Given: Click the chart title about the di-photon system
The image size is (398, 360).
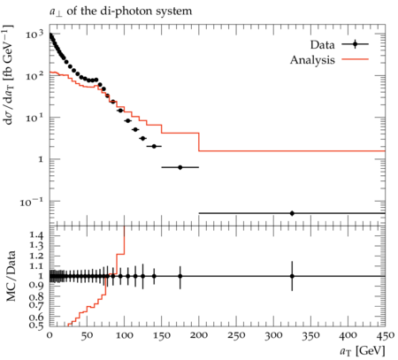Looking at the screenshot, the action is tap(120, 11).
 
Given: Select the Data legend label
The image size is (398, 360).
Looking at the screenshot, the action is tap(322, 45).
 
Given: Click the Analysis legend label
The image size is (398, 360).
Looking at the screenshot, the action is tap(312, 60).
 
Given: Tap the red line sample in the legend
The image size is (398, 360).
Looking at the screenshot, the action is tap(355, 59).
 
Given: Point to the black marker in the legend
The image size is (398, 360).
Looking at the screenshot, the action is tap(355, 44).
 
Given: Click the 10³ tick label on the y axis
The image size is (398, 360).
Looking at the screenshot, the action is tap(34, 34).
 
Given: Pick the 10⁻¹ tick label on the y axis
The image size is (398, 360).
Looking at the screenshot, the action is tap(32, 202).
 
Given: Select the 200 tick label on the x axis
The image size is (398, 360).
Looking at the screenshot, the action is tap(199, 335).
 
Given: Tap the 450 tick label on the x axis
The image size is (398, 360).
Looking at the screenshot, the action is tap(385, 335).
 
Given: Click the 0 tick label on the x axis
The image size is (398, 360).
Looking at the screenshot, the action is tap(50, 335).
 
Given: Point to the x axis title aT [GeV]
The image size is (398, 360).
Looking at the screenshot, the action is tap(363, 351).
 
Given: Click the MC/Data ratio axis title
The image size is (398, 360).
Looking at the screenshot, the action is tap(11, 276).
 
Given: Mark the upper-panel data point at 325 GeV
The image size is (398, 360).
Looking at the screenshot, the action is tap(292, 213).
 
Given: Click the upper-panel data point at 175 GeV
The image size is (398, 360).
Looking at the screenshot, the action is tap(180, 167).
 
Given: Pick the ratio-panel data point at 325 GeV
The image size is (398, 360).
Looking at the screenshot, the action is tap(292, 276).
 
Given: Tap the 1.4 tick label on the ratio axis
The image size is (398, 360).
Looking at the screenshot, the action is tap(36, 235).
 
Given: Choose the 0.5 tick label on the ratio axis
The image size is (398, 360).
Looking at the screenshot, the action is tap(36, 325).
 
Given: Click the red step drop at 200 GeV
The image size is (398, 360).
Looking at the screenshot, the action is tap(199, 142).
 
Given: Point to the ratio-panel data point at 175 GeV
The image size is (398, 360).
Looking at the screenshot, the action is tap(180, 276).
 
